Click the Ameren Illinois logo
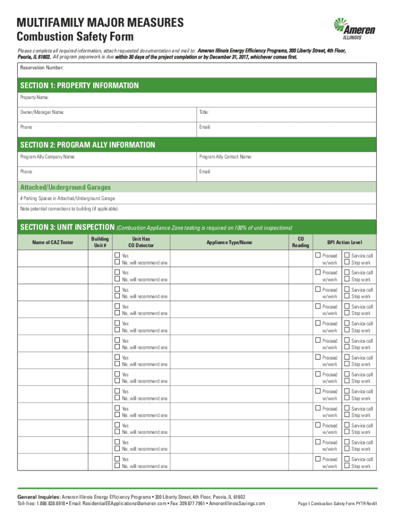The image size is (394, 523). click(354, 29)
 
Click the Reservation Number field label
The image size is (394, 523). click(42, 68)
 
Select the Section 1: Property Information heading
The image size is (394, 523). click(79, 85)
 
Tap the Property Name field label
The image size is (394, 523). click(35, 97)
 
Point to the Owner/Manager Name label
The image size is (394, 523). click(42, 112)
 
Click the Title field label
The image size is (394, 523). click(204, 112)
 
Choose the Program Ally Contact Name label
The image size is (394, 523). click(226, 157)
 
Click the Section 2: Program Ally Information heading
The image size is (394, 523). click(87, 145)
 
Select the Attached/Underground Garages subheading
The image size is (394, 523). click(65, 187)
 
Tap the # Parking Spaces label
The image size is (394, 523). click(68, 198)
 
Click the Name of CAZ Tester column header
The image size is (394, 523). click(53, 242)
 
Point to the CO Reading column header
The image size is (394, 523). click(300, 242)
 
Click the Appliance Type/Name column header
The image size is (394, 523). click(229, 242)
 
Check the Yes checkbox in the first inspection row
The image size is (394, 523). click(117, 255)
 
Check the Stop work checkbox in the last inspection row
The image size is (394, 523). click(346, 466)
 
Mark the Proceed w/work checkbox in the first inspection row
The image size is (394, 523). click(318, 255)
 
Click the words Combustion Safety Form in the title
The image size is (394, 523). click(75, 37)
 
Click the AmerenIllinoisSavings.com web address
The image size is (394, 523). click(237, 504)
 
